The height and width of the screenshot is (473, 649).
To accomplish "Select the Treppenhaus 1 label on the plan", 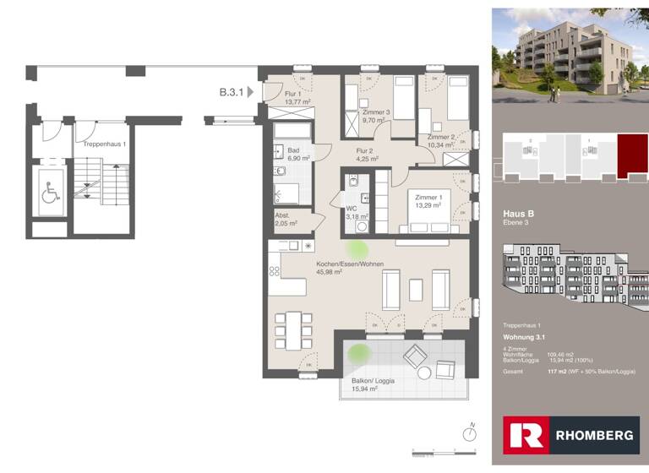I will point(105,144).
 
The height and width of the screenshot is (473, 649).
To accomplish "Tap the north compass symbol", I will point(469,432).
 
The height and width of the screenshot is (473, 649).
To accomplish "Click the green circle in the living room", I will point(357,249).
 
